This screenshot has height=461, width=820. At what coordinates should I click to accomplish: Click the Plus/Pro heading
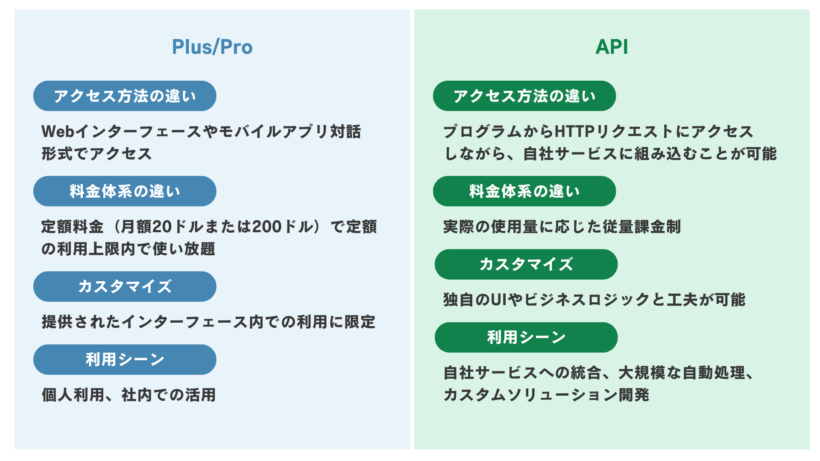point(212,47)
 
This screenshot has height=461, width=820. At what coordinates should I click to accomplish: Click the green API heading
point(612,47)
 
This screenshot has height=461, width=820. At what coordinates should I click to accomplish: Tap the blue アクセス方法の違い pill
point(125,96)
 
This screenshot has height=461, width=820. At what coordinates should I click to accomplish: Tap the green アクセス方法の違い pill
point(524,96)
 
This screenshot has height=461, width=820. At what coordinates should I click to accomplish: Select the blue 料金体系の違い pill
point(125,191)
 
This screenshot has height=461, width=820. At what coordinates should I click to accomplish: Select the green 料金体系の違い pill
point(524,191)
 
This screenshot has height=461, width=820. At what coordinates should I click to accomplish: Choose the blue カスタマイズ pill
point(125,286)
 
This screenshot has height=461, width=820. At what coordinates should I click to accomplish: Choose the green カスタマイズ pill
point(526,264)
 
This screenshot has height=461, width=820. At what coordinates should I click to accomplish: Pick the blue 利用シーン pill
point(125,359)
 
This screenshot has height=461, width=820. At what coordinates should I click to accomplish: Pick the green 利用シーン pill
point(526,337)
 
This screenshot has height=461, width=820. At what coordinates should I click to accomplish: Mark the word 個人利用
point(73,395)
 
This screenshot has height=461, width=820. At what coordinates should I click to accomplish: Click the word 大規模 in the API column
point(642,373)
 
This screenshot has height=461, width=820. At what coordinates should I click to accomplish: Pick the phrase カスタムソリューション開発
point(546,395)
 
